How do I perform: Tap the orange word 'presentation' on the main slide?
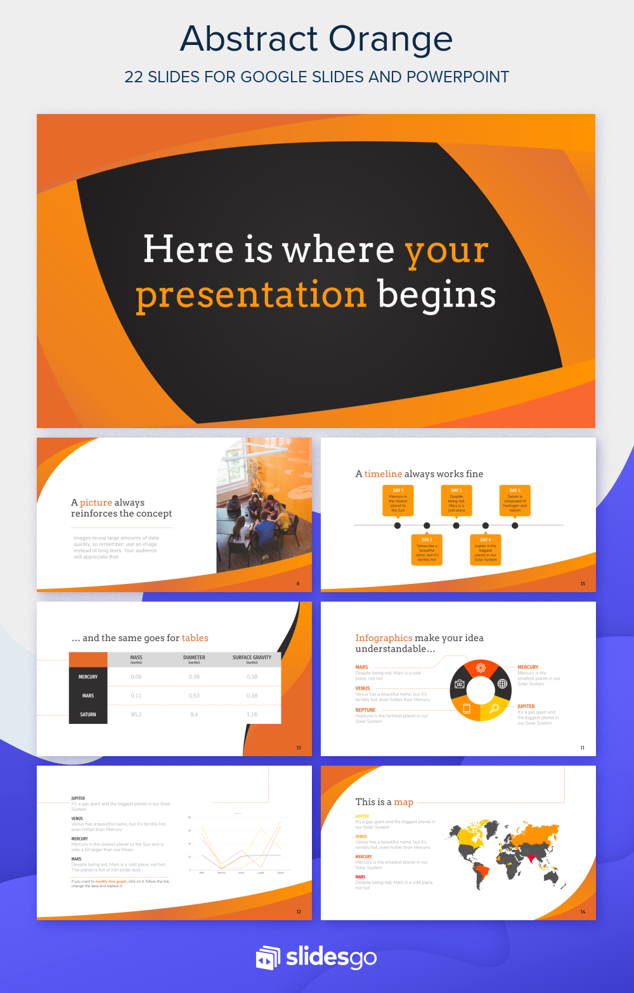click(x=251, y=295)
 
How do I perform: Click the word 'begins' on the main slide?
click(x=437, y=295)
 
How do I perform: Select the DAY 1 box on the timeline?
click(x=398, y=500)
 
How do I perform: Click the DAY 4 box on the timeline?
click(x=485, y=549)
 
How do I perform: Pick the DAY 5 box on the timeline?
click(x=515, y=500)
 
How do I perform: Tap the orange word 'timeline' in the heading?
click(x=383, y=474)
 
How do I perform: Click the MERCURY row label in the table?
click(x=88, y=677)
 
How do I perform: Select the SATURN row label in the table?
click(x=88, y=714)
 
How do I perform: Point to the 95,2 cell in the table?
click(x=136, y=714)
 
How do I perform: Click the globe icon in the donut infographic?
click(x=502, y=683)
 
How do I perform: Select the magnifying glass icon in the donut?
click(x=494, y=708)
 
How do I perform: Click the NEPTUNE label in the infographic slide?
click(x=365, y=710)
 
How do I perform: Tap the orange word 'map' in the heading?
click(x=403, y=802)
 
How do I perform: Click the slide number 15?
click(x=583, y=584)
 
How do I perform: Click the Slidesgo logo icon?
click(x=268, y=958)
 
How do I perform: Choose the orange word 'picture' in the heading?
click(x=96, y=502)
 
